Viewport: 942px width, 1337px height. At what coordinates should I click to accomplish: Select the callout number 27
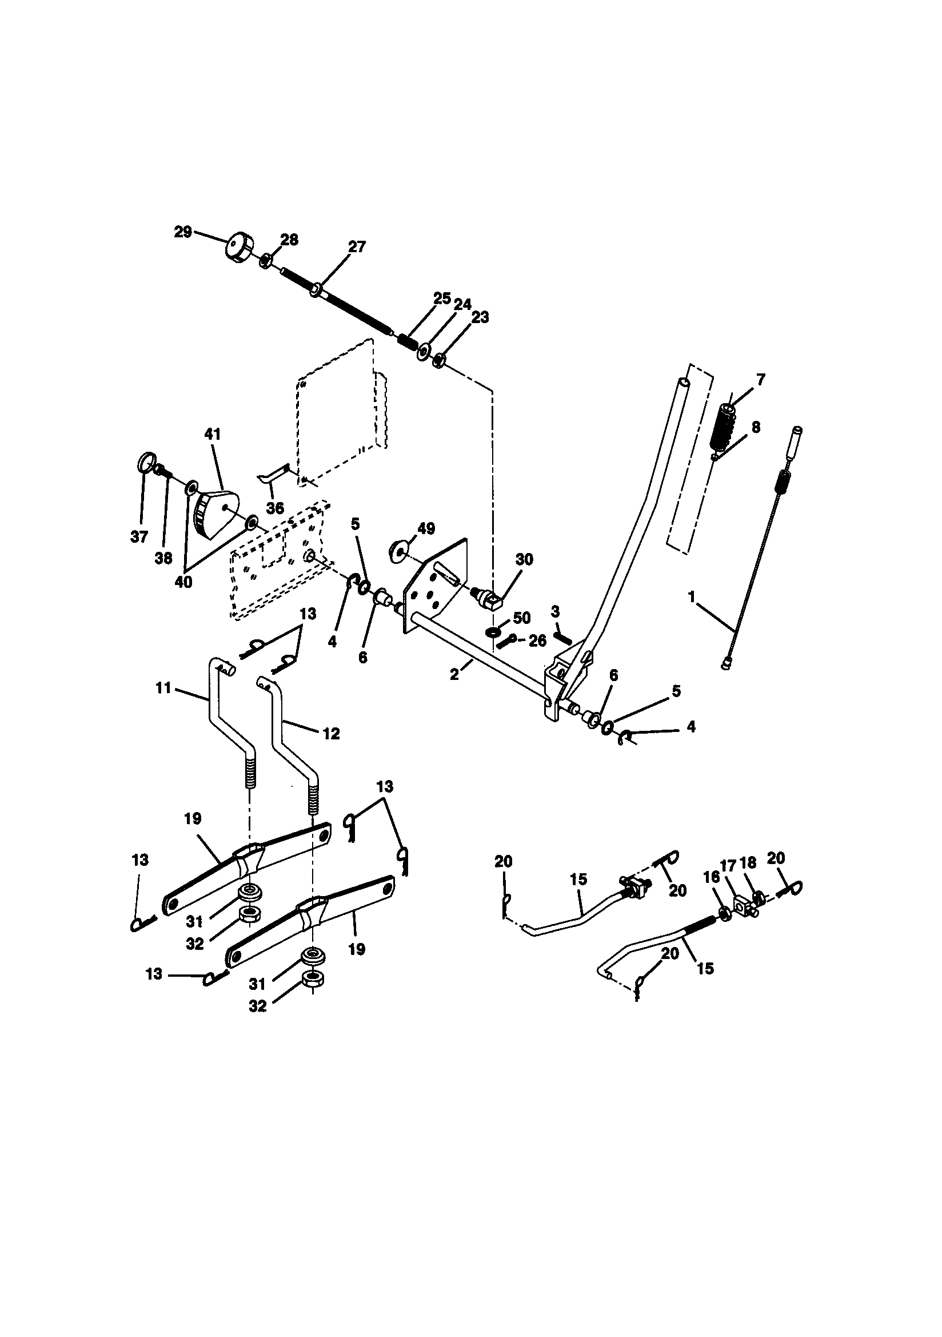tap(357, 246)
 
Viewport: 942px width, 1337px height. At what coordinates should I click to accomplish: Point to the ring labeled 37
tap(147, 463)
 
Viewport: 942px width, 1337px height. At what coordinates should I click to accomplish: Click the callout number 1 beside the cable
tap(692, 597)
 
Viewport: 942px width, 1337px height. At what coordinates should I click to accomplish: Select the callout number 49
tap(426, 529)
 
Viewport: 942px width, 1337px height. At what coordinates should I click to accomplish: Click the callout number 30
tap(524, 560)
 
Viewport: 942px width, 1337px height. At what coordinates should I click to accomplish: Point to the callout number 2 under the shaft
tap(454, 674)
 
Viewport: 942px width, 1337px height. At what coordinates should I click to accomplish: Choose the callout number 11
tap(163, 688)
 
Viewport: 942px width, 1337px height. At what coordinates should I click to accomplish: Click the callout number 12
tap(331, 734)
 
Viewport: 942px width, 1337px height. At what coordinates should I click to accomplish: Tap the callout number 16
tap(712, 877)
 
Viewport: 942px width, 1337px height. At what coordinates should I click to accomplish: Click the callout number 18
tap(748, 862)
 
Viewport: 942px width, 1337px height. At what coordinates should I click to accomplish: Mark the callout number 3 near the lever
tap(555, 611)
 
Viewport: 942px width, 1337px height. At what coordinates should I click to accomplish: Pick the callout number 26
tap(537, 640)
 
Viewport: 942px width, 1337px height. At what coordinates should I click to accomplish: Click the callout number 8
tap(755, 427)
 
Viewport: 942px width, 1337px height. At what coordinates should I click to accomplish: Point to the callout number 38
tap(163, 558)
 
